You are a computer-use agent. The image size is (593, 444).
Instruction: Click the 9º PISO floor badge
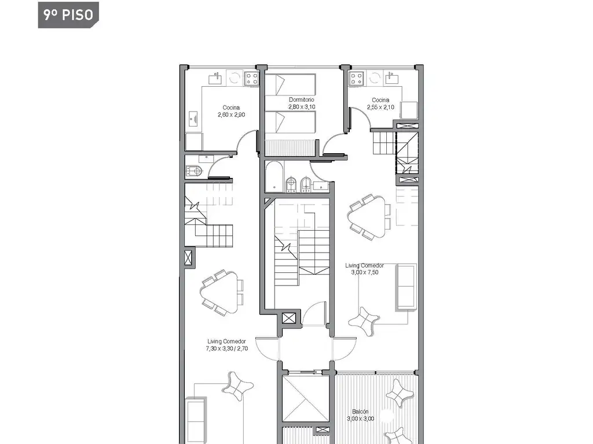(68, 14)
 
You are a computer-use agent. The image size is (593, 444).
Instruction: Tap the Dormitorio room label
(301, 99)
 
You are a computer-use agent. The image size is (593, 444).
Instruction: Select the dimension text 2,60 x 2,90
(231, 115)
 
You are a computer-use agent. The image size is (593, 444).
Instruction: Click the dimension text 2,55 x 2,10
(380, 107)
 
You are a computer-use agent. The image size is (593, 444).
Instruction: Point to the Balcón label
(360, 412)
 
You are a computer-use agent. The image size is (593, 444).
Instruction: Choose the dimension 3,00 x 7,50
(365, 272)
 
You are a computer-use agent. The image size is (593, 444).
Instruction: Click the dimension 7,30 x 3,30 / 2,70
(227, 349)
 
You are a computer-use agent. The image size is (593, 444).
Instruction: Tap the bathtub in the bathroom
(274, 176)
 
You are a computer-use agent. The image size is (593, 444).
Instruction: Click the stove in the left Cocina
(251, 79)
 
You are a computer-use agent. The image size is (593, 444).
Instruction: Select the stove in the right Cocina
(356, 79)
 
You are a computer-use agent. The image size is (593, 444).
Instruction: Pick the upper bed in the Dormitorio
(290, 84)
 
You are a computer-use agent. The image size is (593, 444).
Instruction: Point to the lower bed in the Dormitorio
(290, 123)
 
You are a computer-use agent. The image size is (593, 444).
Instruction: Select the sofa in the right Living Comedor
(406, 287)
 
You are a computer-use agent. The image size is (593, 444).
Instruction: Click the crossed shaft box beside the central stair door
(289, 318)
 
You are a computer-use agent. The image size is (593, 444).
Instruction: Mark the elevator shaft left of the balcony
(306, 399)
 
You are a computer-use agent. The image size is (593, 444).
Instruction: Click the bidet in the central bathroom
(305, 184)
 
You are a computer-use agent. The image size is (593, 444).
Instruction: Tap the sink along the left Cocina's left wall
(193, 119)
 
